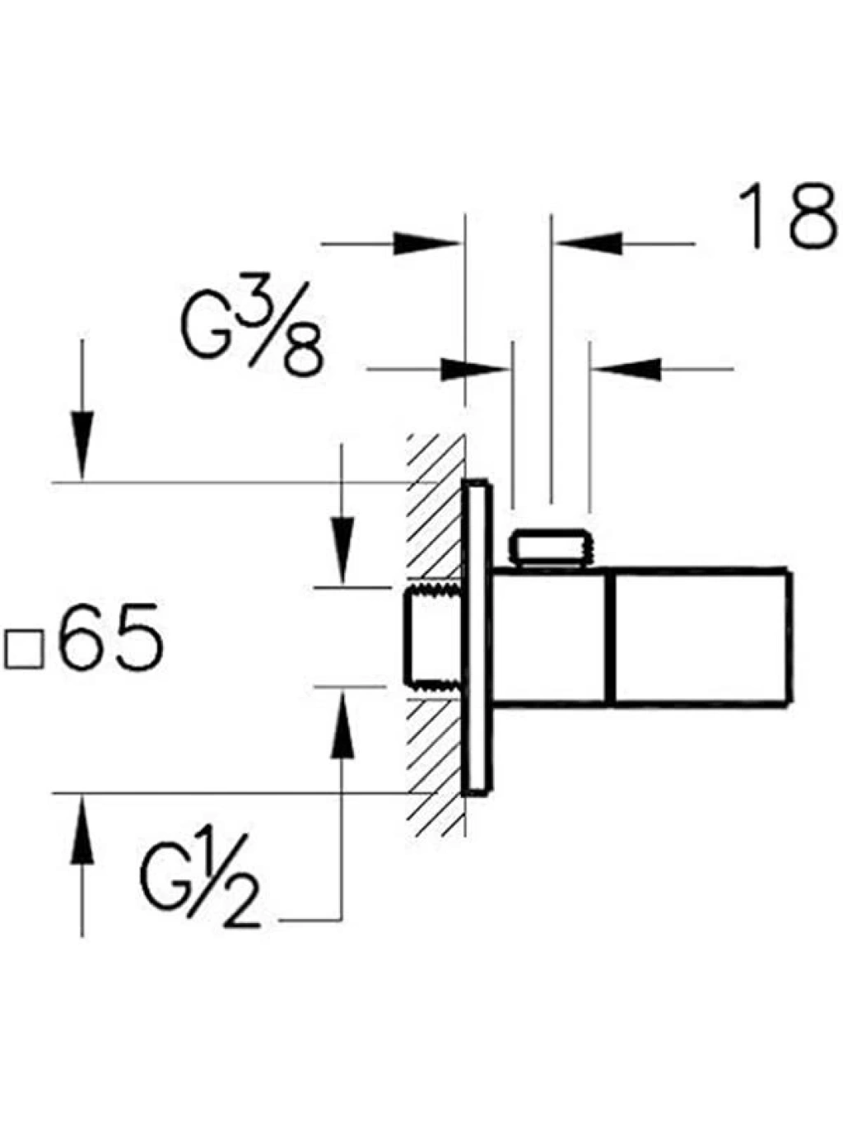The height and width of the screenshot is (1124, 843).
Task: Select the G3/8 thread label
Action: tap(253, 329)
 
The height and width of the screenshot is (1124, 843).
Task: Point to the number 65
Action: tap(112, 636)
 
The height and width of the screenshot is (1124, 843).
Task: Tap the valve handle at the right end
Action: tap(701, 637)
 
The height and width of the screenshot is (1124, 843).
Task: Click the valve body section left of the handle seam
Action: tap(550, 637)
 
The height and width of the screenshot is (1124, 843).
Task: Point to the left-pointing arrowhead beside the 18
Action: tap(589, 243)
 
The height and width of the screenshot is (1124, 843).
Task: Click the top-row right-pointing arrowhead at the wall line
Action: tap(426, 243)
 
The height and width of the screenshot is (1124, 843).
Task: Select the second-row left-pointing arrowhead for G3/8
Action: tap(627, 369)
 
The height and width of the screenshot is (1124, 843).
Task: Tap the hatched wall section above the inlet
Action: tap(435, 508)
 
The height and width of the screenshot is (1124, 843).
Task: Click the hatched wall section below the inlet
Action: tap(435, 768)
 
